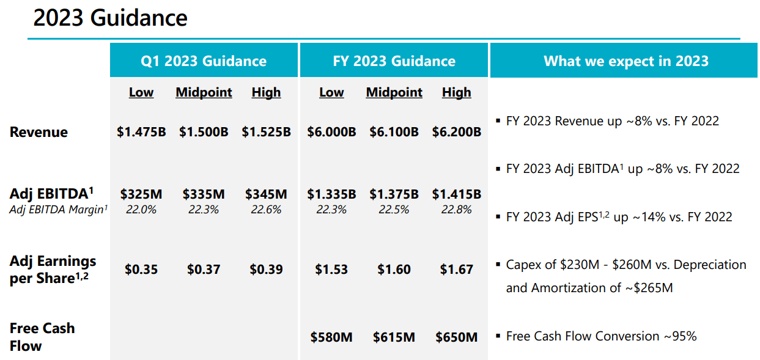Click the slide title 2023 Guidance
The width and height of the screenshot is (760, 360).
click(110, 18)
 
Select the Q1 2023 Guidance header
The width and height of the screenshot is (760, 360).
click(204, 61)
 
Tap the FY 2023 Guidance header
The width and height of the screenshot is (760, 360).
click(394, 61)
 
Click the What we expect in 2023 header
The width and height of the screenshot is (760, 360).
click(626, 61)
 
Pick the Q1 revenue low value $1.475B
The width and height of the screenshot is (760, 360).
click(141, 132)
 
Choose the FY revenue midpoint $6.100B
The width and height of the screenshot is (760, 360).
click(394, 132)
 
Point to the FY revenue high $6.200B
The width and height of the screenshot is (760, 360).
click(457, 132)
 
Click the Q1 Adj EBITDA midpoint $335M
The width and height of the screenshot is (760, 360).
click(204, 194)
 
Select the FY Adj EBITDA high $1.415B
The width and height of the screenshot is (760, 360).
click(457, 194)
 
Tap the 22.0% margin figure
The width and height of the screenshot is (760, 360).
click(141, 210)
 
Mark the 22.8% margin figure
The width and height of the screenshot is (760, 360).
click(457, 210)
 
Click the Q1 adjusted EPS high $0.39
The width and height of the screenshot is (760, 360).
click(267, 270)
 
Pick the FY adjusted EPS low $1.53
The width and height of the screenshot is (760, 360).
click(331, 270)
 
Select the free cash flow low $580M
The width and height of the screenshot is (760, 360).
click(331, 337)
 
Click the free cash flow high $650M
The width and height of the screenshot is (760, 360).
click(457, 337)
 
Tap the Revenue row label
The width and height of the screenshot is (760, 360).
click(39, 132)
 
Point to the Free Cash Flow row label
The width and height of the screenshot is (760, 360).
click(42, 337)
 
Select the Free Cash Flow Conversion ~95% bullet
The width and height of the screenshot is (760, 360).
click(602, 336)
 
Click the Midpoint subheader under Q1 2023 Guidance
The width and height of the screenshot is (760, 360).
click(204, 92)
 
